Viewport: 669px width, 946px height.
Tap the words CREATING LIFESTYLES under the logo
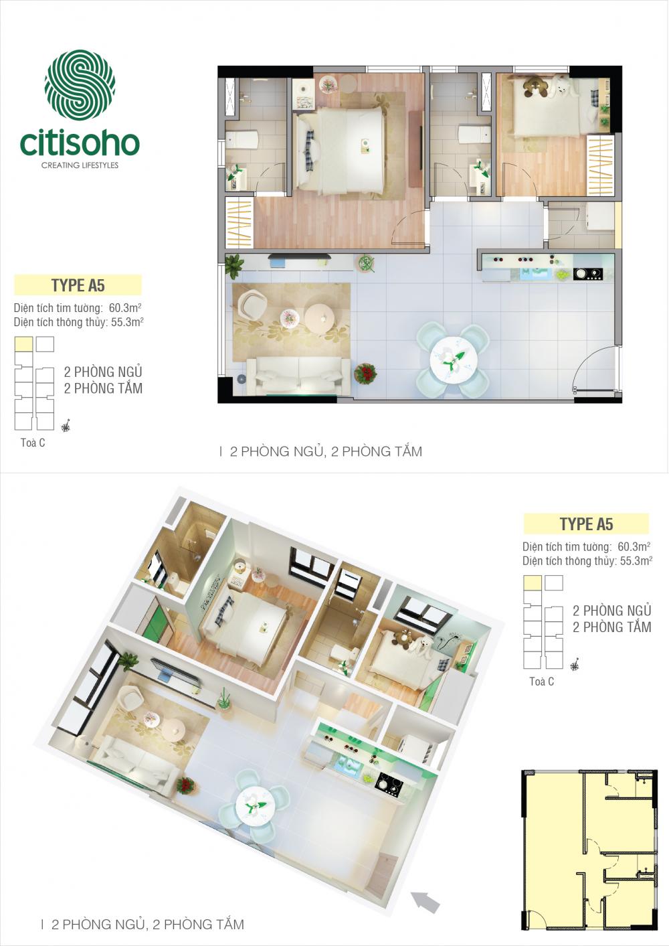tap(80, 165)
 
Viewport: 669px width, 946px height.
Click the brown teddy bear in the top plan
tap(533, 87)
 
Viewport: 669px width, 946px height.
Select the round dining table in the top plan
tap(452, 360)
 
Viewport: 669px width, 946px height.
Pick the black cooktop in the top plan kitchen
tap(587, 274)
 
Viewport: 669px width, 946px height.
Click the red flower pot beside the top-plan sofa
tap(365, 374)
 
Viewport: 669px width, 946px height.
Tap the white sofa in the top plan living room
tap(299, 375)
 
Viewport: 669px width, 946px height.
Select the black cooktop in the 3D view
tap(389, 785)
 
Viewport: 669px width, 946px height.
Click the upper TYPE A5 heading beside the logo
tap(78, 285)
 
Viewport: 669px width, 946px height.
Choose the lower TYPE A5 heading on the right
tap(586, 524)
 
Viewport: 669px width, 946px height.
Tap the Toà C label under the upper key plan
tap(33, 443)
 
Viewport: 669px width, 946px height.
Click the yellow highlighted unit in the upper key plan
tap(23, 344)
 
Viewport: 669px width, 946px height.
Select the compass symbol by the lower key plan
tap(574, 666)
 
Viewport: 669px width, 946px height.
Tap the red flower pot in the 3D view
tap(185, 784)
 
